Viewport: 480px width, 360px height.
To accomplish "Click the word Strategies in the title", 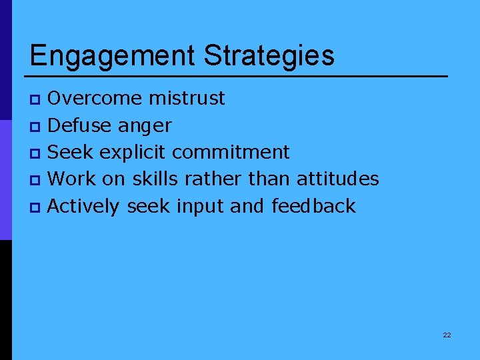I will [x=269, y=56].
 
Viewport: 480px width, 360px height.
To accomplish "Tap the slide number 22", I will [x=447, y=335].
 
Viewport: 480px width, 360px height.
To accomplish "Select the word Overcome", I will [x=95, y=99].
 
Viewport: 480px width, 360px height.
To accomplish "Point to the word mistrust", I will [x=187, y=99].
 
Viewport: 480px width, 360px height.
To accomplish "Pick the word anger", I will [x=145, y=127].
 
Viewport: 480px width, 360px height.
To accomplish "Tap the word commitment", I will [x=231, y=152].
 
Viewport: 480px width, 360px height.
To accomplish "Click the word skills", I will [x=155, y=179].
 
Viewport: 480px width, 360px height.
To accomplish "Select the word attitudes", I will [x=337, y=179].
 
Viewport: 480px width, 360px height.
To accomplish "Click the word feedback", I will [x=313, y=206].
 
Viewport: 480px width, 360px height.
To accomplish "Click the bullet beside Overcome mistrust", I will [x=36, y=100].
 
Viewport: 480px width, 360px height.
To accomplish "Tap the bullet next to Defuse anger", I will [x=36, y=127].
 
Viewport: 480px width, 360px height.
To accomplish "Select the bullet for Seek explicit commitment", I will [x=36, y=153].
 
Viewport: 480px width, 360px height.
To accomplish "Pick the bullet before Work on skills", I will [x=36, y=180].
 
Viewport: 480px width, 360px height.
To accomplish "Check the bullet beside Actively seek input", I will [x=36, y=207].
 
